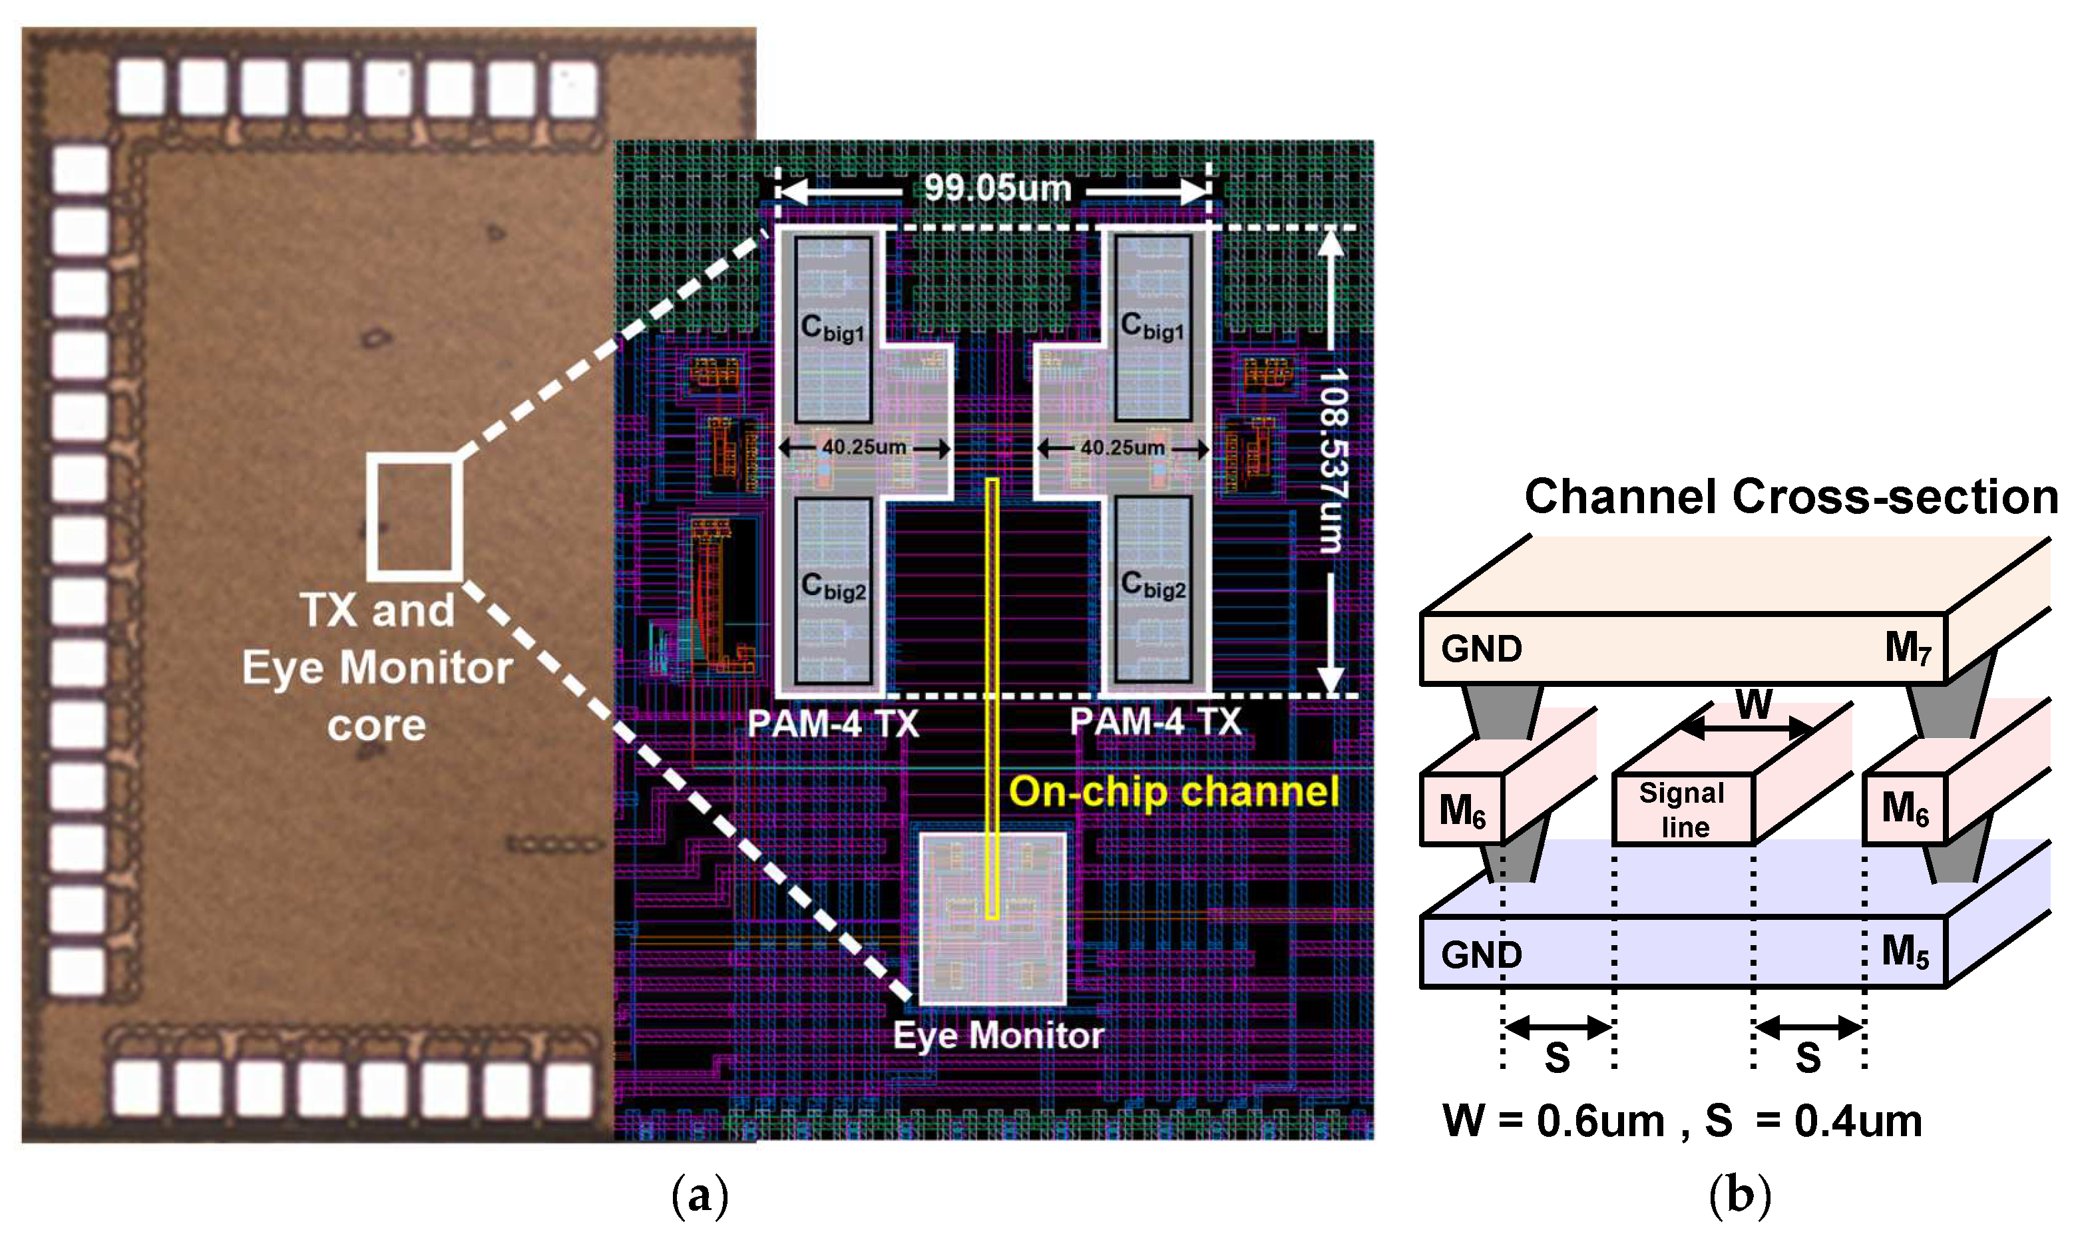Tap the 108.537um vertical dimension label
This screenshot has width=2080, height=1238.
pyautogui.click(x=1332, y=461)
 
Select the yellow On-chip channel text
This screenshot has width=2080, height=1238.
pyautogui.click(x=1173, y=791)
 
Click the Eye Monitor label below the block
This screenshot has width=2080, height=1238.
pyautogui.click(x=998, y=1035)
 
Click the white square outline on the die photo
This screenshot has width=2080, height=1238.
pyautogui.click(x=415, y=517)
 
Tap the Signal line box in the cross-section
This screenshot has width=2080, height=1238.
pyautogui.click(x=1684, y=809)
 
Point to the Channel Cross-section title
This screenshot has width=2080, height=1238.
pyautogui.click(x=1790, y=497)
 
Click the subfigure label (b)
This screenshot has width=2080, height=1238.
pyautogui.click(x=1739, y=1195)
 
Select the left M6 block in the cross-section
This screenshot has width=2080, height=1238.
pyautogui.click(x=1462, y=809)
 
